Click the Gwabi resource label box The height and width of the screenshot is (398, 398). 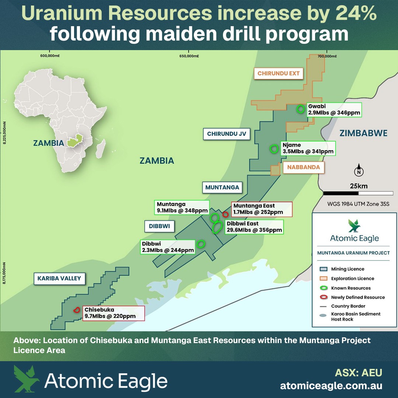pyautogui.click(x=334, y=109)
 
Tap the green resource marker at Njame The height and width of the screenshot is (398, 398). pyautogui.click(x=274, y=149)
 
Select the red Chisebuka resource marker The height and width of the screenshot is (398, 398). pyautogui.click(x=77, y=310)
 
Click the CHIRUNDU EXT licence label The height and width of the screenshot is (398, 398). pyautogui.click(x=279, y=73)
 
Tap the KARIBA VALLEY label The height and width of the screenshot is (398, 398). pyautogui.click(x=59, y=279)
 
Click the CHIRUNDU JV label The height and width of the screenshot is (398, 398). pyautogui.click(x=226, y=134)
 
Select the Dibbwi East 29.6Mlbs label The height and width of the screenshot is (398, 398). pyautogui.click(x=254, y=227)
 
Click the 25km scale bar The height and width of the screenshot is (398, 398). pyautogui.click(x=358, y=193)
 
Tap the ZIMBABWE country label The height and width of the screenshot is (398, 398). pyautogui.click(x=363, y=133)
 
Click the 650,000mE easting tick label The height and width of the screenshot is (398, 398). pyautogui.click(x=189, y=56)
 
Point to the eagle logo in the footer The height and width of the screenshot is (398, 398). pyautogui.click(x=27, y=379)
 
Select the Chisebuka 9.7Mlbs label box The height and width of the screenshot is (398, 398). pyautogui.click(x=113, y=313)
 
